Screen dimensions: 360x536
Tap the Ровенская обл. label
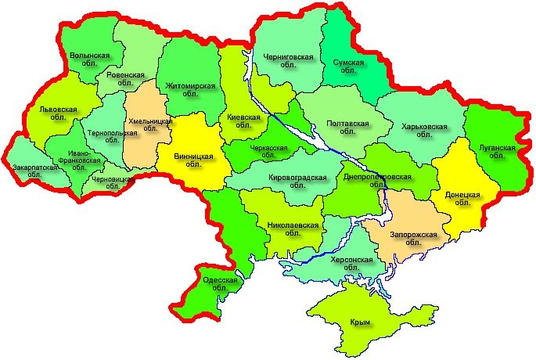(126, 78)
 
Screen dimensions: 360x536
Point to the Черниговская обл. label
(289, 61)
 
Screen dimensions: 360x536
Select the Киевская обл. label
(243, 121)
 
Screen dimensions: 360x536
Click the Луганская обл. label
(496, 151)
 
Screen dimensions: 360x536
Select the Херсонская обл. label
(352, 263)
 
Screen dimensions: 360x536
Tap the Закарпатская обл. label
(34, 171)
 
